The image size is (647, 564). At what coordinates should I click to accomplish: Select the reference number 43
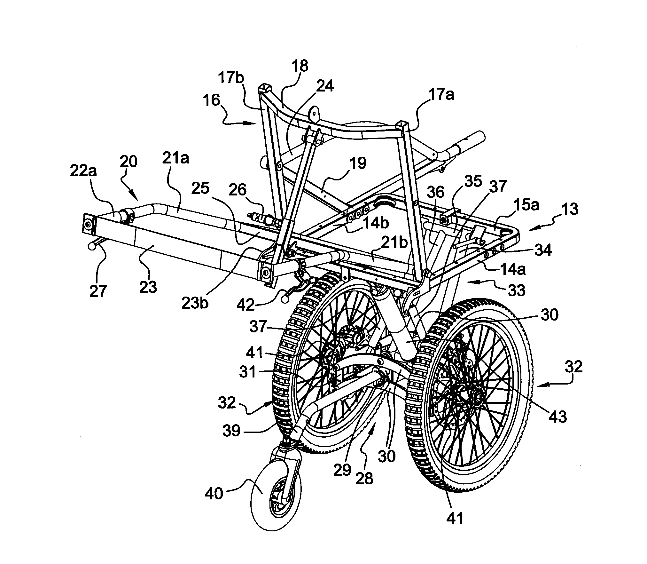point(558,416)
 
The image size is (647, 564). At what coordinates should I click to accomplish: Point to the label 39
point(231,430)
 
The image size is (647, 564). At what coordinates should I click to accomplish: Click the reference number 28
point(364,478)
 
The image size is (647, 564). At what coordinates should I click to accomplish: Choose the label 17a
point(442,95)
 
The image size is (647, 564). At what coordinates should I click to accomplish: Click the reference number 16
point(211,101)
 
